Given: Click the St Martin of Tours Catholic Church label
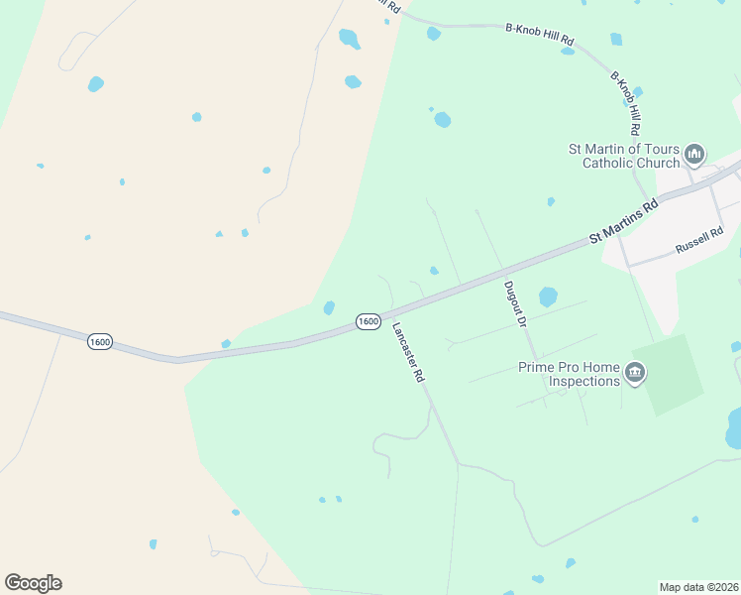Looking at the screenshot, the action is pyautogui.click(x=623, y=156).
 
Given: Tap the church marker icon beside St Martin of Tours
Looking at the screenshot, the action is pyautogui.click(x=694, y=155).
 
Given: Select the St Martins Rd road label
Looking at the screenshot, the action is pyautogui.click(x=623, y=222).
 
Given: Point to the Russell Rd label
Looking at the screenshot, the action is pyautogui.click(x=699, y=242).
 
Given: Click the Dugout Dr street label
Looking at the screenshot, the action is pyautogui.click(x=513, y=303).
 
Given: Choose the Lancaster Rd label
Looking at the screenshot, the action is pyautogui.click(x=407, y=353).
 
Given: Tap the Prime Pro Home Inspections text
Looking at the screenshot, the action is pyautogui.click(x=569, y=374).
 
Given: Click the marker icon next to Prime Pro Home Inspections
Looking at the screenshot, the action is pyautogui.click(x=635, y=374).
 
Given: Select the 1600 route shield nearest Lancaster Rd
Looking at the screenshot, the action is pyautogui.click(x=368, y=321).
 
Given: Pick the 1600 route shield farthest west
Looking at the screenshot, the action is pyautogui.click(x=99, y=341).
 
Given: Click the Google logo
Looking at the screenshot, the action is pyautogui.click(x=33, y=583).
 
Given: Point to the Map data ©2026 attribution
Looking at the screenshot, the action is pyautogui.click(x=698, y=587).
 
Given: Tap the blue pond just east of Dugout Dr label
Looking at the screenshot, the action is pyautogui.click(x=548, y=297).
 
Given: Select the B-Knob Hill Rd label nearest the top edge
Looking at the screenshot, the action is pyautogui.click(x=540, y=35).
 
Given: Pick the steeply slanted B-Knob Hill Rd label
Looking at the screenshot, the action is pyautogui.click(x=625, y=103).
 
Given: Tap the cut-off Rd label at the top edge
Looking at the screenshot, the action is pyautogui.click(x=393, y=6).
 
